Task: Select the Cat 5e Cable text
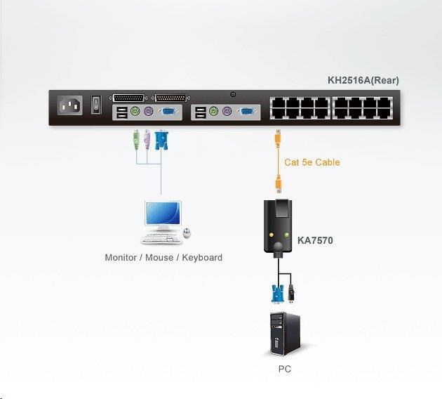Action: (312, 162)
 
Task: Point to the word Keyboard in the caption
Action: (202, 258)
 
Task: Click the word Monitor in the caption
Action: (121, 258)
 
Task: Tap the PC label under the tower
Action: (284, 369)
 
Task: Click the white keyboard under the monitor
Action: (161, 237)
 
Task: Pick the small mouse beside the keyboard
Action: (187, 233)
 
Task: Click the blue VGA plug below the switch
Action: (161, 140)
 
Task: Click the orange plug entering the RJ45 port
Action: (279, 135)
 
